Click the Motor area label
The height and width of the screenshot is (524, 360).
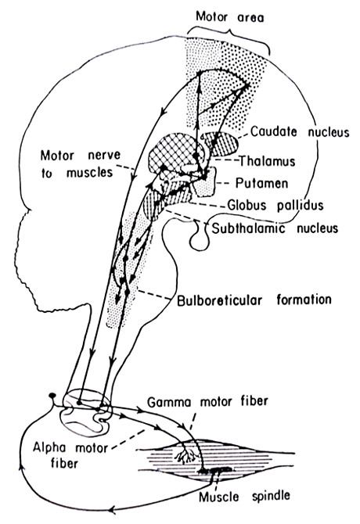click(229, 17)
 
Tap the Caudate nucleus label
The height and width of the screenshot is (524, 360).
click(300, 131)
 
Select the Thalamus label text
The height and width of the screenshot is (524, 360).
click(267, 161)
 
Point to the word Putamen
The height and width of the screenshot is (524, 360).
click(261, 183)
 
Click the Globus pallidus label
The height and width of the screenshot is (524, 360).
click(275, 205)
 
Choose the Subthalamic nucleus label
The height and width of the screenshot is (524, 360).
click(275, 228)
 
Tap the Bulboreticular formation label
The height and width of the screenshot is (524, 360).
click(254, 300)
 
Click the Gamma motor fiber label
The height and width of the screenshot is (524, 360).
click(207, 401)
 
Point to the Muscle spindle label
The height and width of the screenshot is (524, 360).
click(244, 496)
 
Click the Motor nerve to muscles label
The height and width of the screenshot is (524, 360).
click(81, 163)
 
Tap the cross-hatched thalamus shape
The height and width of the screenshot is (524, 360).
click(175, 152)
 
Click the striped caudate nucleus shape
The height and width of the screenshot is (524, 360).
click(222, 144)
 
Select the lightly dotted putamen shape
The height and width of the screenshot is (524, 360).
click(204, 183)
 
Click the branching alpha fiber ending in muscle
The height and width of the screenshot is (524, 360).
click(185, 454)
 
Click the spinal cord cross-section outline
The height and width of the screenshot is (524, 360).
click(86, 414)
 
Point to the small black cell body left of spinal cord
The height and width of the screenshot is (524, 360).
click(52, 396)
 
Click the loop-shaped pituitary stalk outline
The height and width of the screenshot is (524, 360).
click(200, 236)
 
